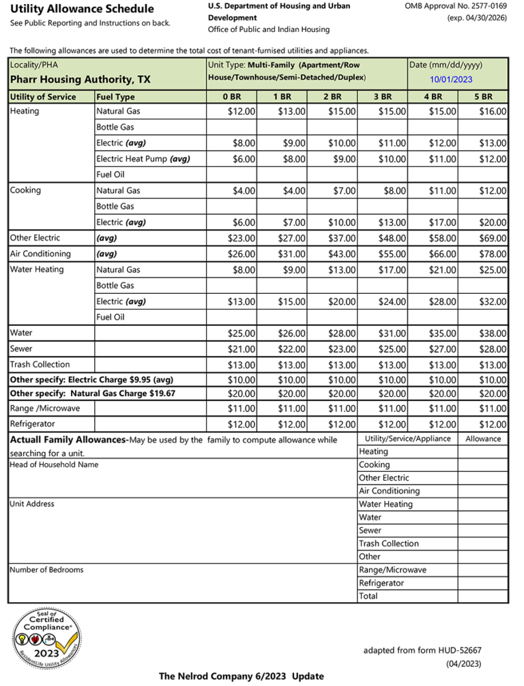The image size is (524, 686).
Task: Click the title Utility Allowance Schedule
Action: pos(82,9)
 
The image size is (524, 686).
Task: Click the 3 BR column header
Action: pos(383,97)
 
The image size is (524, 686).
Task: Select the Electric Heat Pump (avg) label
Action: pos(143,159)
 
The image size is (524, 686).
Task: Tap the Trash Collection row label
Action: pos(40,364)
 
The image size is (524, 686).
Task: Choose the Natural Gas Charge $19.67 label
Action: pos(92,393)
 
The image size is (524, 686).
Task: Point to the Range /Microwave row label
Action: pos(45,408)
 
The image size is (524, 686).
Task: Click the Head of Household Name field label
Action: pos(54,464)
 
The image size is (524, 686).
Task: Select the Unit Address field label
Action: pos(31,504)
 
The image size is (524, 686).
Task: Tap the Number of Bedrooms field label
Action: pos(46,569)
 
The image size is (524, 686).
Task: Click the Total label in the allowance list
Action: pos(368,596)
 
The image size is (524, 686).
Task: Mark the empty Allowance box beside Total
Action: pos(482,596)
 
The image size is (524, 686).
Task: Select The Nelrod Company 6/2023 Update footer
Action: pos(242,676)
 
